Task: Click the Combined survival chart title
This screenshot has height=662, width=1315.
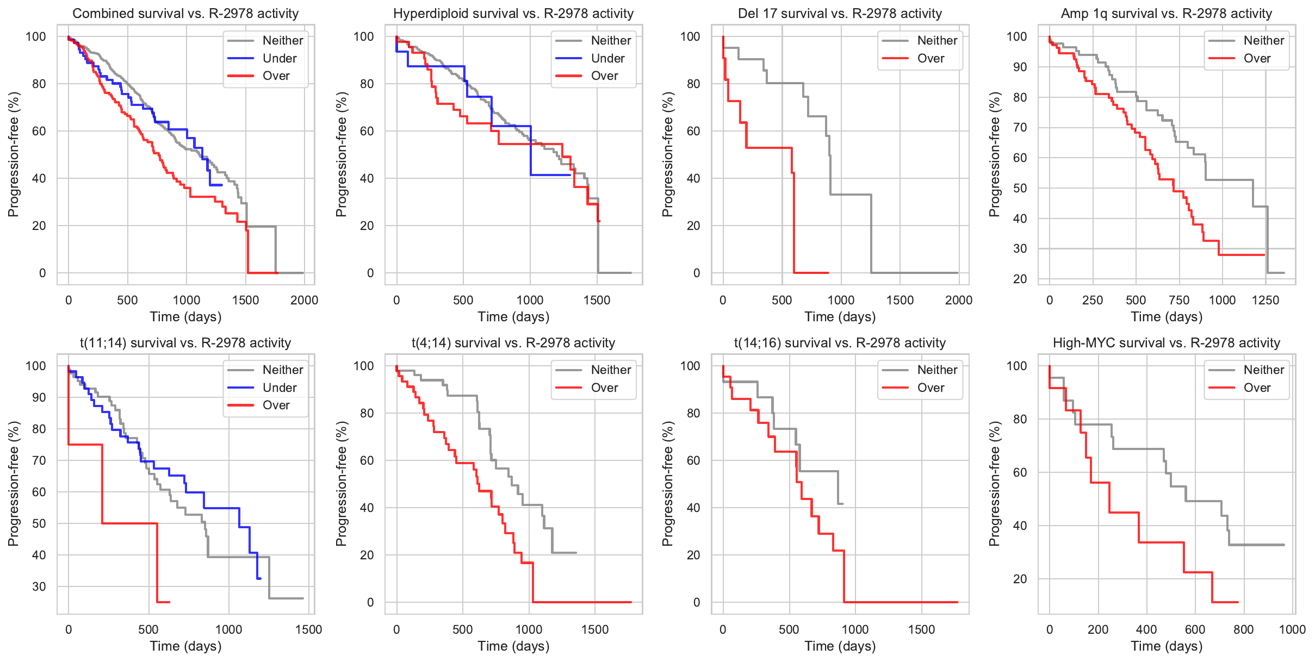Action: [185, 14]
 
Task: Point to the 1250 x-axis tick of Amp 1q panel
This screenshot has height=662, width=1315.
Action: [1265, 300]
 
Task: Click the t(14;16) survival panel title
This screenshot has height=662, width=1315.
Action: [840, 343]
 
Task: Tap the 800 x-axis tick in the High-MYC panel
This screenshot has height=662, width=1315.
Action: [1244, 629]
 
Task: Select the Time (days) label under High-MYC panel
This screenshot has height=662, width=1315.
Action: [1167, 646]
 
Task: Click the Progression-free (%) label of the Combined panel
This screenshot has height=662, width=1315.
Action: [13, 154]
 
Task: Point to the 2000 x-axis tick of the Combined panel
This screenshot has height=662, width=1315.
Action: [304, 300]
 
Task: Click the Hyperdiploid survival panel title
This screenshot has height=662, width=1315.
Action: [513, 14]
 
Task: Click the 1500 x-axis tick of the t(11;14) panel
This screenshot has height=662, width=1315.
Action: [309, 629]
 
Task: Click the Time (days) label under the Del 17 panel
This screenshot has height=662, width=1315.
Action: [840, 317]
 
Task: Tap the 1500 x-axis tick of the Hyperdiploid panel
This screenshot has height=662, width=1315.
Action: [597, 300]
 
